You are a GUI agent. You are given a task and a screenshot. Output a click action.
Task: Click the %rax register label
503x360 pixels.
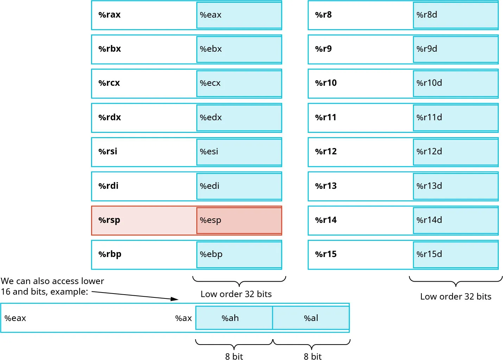click(109, 15)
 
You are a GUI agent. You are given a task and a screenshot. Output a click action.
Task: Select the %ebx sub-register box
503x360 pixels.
click(239, 49)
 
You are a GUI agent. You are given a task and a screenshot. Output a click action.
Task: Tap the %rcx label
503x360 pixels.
click(109, 83)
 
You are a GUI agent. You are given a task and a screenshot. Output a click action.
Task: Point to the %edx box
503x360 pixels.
click(239, 117)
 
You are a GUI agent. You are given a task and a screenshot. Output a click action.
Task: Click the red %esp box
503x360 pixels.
click(239, 220)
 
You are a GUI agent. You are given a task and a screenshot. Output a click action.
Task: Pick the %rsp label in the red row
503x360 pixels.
click(109, 220)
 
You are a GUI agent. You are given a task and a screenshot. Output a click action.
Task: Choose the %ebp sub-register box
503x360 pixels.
click(239, 254)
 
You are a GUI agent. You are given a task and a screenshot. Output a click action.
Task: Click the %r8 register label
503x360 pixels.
click(323, 15)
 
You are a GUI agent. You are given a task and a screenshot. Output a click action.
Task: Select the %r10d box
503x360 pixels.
click(456, 83)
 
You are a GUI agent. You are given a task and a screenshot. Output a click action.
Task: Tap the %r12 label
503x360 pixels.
click(326, 152)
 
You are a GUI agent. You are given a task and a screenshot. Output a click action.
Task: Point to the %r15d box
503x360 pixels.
click(456, 254)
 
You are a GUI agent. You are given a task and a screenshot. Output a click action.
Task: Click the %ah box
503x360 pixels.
click(234, 318)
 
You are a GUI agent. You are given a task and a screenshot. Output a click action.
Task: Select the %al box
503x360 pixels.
click(311, 318)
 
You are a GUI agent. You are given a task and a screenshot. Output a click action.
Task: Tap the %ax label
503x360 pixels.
click(183, 318)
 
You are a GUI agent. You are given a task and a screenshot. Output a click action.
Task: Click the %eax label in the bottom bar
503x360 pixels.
click(15, 318)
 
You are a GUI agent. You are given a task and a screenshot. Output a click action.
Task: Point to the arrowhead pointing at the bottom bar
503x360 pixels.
click(175, 299)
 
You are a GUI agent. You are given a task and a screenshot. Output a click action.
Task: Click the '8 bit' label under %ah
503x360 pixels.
click(234, 356)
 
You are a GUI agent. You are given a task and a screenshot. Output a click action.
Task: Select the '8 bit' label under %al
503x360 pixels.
click(313, 356)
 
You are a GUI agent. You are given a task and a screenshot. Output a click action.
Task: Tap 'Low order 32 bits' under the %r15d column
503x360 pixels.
click(456, 296)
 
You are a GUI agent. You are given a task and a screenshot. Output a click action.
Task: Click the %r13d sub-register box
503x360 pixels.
click(456, 186)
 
